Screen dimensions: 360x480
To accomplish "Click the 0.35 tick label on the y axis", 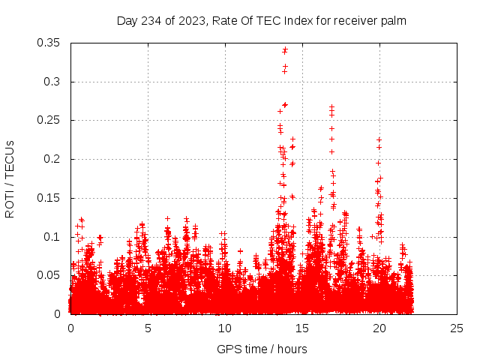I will (x=49, y=43).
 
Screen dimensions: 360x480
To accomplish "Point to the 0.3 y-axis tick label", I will (x=52, y=82).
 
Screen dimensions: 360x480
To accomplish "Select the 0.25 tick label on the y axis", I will (x=49, y=120).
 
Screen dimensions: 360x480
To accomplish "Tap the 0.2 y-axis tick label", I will (x=52, y=159).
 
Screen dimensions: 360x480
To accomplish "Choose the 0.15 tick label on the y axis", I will (x=49, y=198).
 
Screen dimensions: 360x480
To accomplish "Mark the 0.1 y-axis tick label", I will (x=52, y=237).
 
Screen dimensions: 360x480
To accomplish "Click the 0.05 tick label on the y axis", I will (x=49, y=275).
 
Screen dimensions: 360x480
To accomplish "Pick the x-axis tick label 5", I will (x=148, y=328).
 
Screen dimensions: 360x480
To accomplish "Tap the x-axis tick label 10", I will (x=225, y=328).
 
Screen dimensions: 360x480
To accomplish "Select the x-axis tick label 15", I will (x=302, y=328).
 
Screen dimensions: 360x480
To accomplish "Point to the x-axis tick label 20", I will (x=379, y=328).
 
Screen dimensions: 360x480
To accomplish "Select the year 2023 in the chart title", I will (x=193, y=20).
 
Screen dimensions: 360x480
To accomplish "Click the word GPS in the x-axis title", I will (x=229, y=349).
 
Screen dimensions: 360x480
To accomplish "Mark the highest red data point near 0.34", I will (x=285, y=49).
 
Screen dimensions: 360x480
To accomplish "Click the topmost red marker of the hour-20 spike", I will (x=379, y=139).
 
